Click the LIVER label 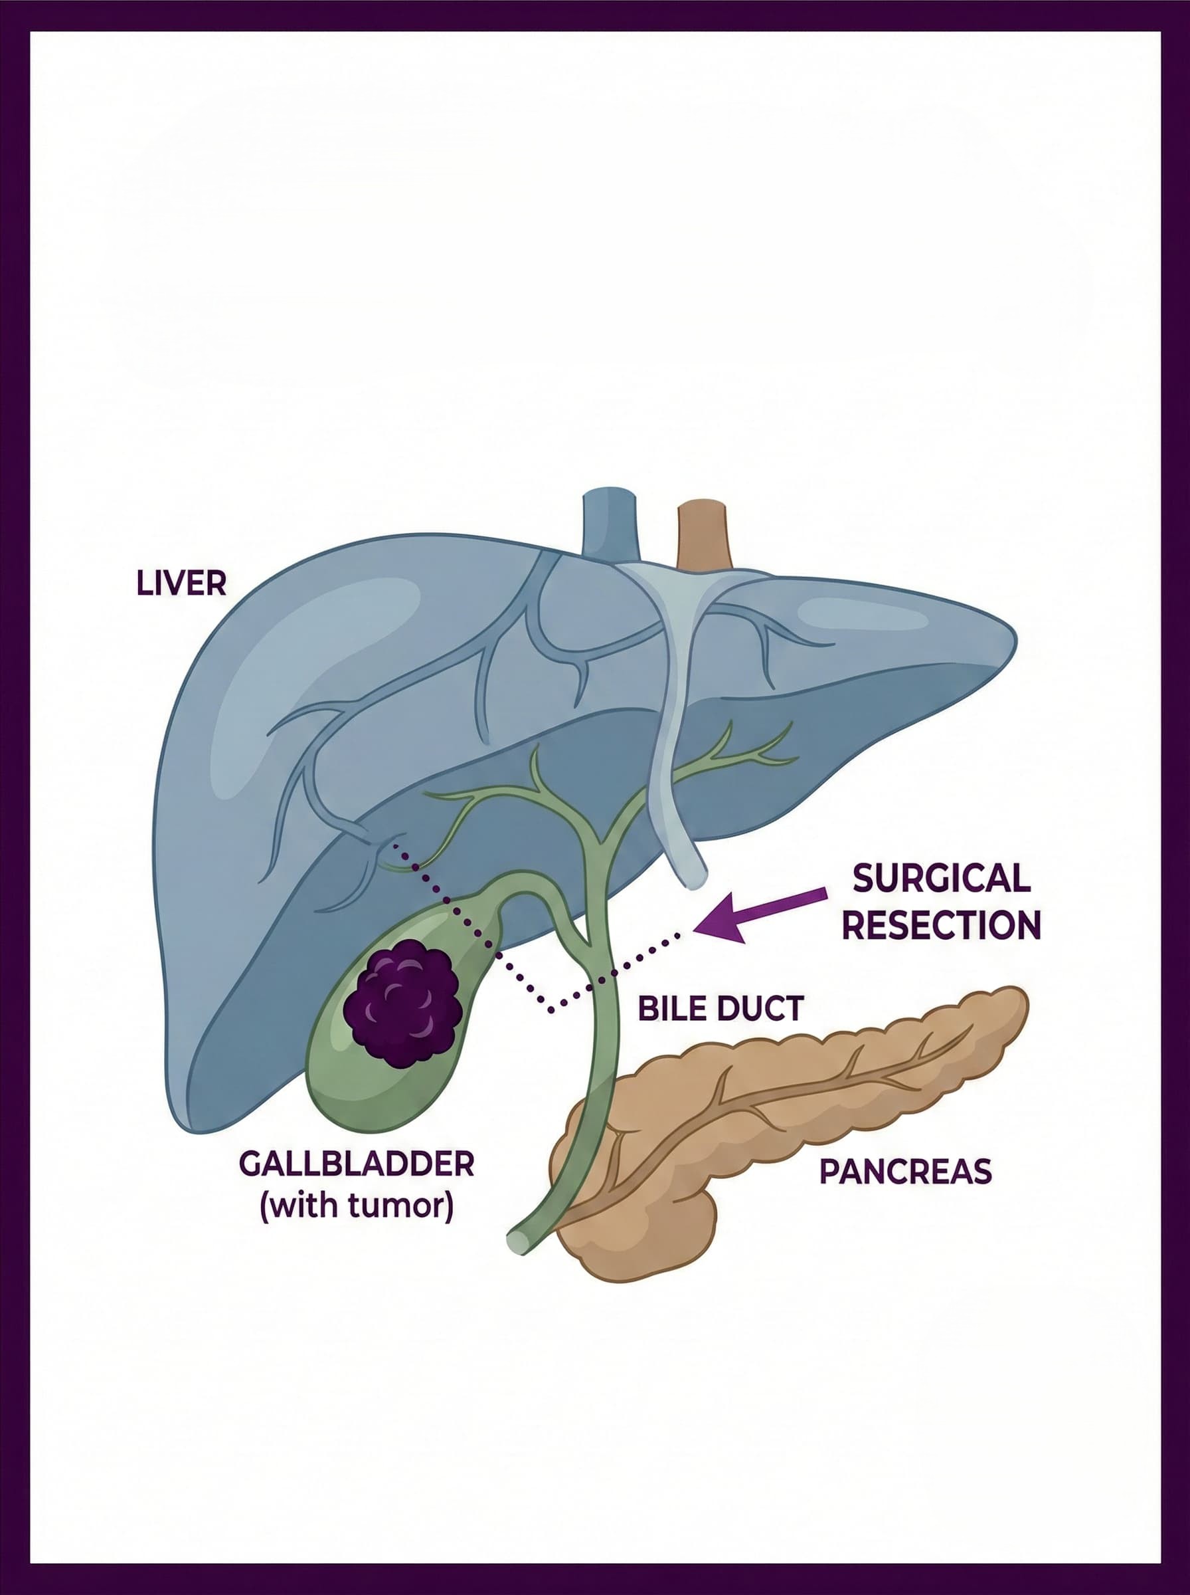[181, 583]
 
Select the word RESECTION [942, 924]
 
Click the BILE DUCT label [721, 1008]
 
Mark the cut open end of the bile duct [517, 1241]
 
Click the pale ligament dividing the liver [673, 721]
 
